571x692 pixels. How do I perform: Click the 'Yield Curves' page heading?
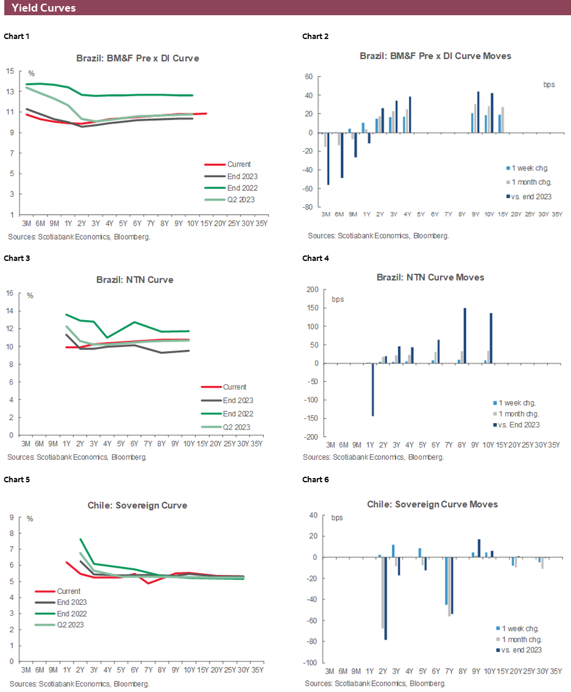coord(43,8)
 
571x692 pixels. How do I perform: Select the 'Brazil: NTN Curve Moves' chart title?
coord(430,277)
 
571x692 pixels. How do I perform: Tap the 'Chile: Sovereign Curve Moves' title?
coord(432,504)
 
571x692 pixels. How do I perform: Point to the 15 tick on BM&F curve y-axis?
coord(10,71)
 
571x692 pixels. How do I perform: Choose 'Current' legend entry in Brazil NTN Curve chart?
coord(234,387)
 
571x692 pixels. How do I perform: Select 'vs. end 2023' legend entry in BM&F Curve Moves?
coord(529,196)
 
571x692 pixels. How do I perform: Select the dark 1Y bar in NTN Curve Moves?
coord(372,390)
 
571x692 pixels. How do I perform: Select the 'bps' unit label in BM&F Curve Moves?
coord(548,85)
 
